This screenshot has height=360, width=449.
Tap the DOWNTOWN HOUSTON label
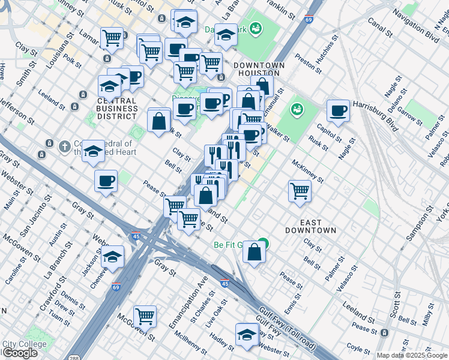[x=259, y=69]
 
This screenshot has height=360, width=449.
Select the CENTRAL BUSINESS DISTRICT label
[x=117, y=109]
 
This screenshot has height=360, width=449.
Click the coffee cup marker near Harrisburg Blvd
[x=339, y=110]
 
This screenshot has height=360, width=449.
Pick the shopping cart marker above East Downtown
[x=300, y=191]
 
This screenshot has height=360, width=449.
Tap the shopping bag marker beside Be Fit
[x=255, y=251]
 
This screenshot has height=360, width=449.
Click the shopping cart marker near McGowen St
[x=145, y=316]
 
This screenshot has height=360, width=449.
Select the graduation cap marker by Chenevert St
[x=112, y=257]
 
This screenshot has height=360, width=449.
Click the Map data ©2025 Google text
[x=412, y=355]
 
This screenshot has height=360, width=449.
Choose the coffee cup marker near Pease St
[x=106, y=181]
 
